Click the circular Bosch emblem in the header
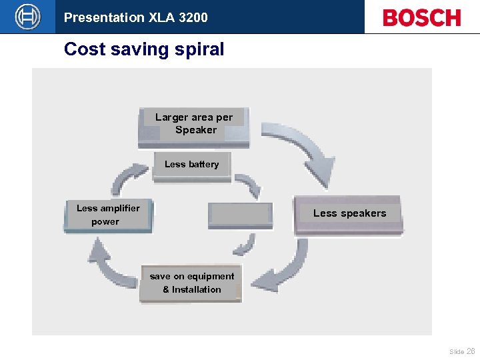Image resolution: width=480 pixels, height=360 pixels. [27, 17]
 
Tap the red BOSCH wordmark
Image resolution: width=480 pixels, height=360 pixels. [421, 18]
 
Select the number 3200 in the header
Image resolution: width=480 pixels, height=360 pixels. [193, 17]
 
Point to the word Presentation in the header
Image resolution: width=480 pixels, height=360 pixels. [104, 17]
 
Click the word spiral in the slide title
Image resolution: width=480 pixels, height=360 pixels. [199, 49]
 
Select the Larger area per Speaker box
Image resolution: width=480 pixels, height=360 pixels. [193, 126]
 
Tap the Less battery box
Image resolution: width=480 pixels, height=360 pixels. [191, 166]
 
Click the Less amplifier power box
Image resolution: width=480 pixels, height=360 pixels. [108, 215]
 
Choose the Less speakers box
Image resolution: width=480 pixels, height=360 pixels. [349, 214]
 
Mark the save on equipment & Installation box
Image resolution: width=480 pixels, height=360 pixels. [191, 283]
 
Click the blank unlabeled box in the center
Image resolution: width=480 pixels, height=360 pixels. [240, 215]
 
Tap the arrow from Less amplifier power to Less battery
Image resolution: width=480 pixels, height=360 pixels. [126, 177]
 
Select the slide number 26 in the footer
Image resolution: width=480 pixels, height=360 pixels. [471, 351]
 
